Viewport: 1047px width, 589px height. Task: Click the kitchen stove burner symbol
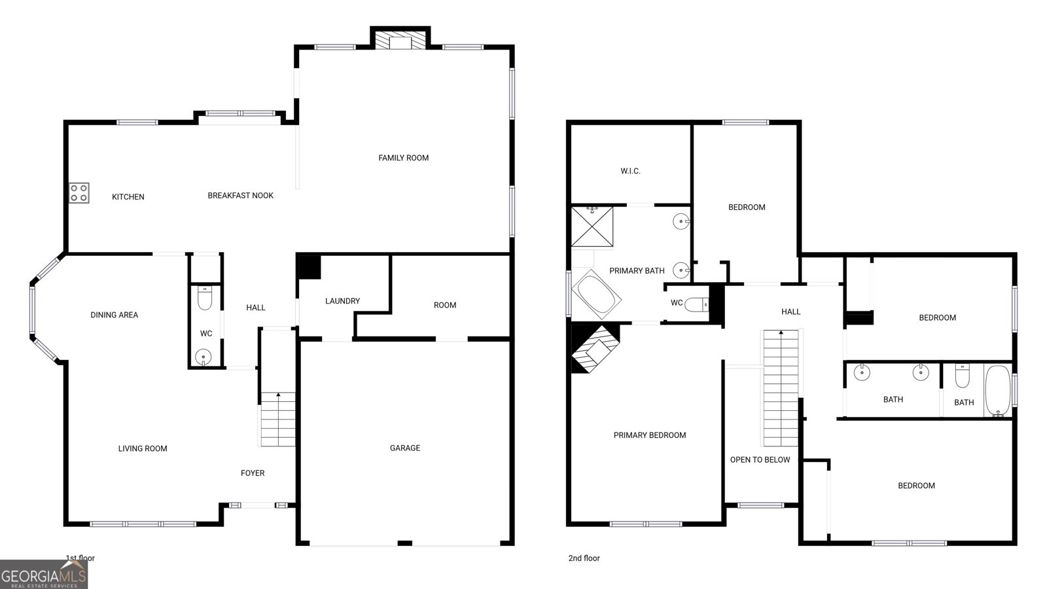pos(79,193)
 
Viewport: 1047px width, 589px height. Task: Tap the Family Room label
pos(403,158)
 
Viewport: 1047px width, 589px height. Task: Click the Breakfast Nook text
pos(240,196)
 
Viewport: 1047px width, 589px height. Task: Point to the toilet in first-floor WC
pos(204,300)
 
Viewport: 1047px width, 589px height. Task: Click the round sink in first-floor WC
pos(204,357)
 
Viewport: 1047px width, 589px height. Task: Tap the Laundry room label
pos(342,301)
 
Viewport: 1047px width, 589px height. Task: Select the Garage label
pos(404,448)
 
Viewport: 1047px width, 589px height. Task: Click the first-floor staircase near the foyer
pos(278,419)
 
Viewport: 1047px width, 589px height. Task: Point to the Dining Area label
pos(114,315)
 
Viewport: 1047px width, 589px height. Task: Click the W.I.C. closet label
pos(630,171)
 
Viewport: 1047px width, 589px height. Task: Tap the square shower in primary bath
pos(592,226)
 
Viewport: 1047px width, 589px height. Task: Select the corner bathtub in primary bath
pos(597,296)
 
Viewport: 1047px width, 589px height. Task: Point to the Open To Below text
pos(760,460)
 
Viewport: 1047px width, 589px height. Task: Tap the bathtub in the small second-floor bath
pos(997,390)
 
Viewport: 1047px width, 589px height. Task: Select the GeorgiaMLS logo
pos(44,575)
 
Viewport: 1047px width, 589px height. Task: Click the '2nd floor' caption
pos(584,558)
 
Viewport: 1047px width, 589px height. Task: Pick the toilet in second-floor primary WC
pos(698,304)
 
